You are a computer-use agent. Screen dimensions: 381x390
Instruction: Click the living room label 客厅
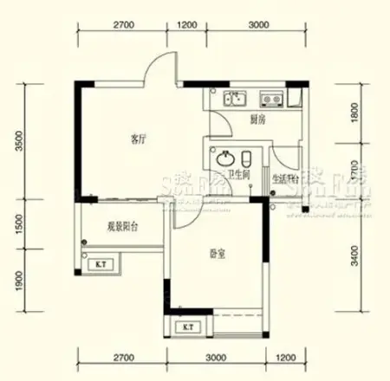136,139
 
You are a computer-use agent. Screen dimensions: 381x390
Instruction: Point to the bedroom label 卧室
217,255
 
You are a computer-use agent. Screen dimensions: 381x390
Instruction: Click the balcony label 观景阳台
123,226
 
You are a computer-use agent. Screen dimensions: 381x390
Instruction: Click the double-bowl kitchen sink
234,98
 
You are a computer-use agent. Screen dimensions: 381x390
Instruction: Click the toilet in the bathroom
247,159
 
